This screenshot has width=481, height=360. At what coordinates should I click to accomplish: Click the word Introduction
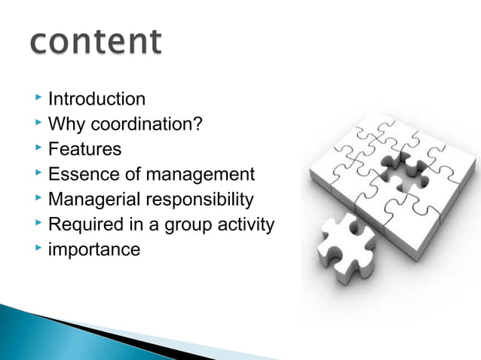coord(97,99)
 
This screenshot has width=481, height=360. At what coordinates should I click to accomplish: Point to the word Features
coord(84,149)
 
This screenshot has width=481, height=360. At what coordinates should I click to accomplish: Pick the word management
coord(200,175)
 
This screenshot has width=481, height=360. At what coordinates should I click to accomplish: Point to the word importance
coord(93,249)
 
